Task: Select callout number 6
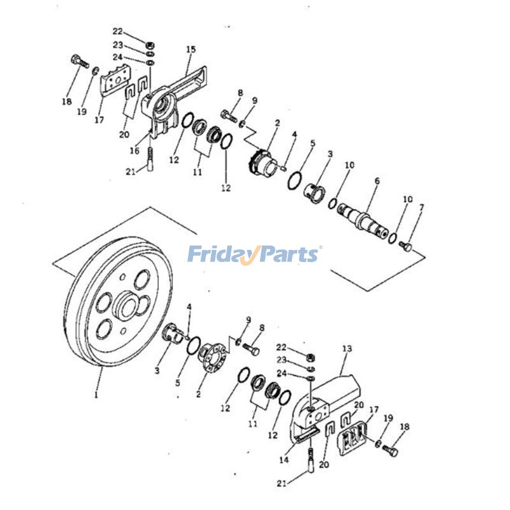(x=377, y=181)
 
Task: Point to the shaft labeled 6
(x=364, y=221)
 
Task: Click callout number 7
(x=421, y=208)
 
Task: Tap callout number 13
(x=347, y=349)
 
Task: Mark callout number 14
(x=282, y=459)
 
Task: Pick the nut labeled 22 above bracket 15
(x=149, y=46)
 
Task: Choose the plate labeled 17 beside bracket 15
(x=113, y=83)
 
